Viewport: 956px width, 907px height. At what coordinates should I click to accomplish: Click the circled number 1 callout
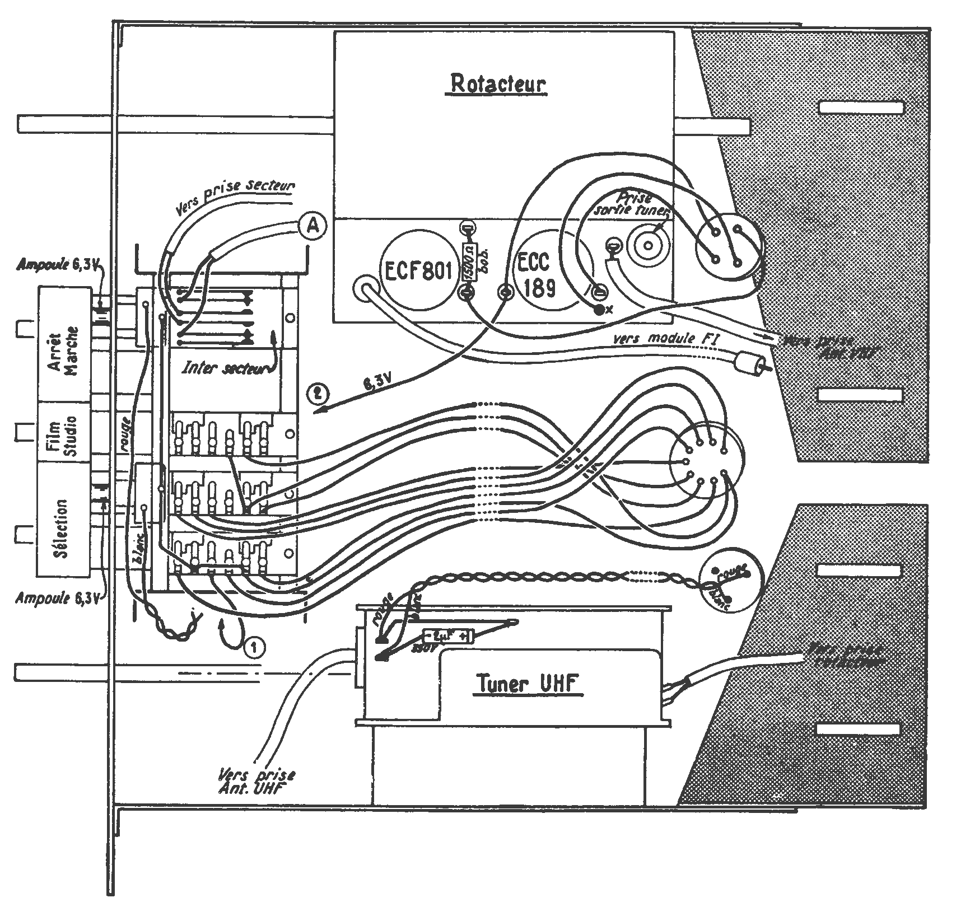(x=255, y=648)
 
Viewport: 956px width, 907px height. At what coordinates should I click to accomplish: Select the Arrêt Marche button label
(x=64, y=343)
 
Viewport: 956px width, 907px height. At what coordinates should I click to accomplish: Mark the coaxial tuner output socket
(x=649, y=245)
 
